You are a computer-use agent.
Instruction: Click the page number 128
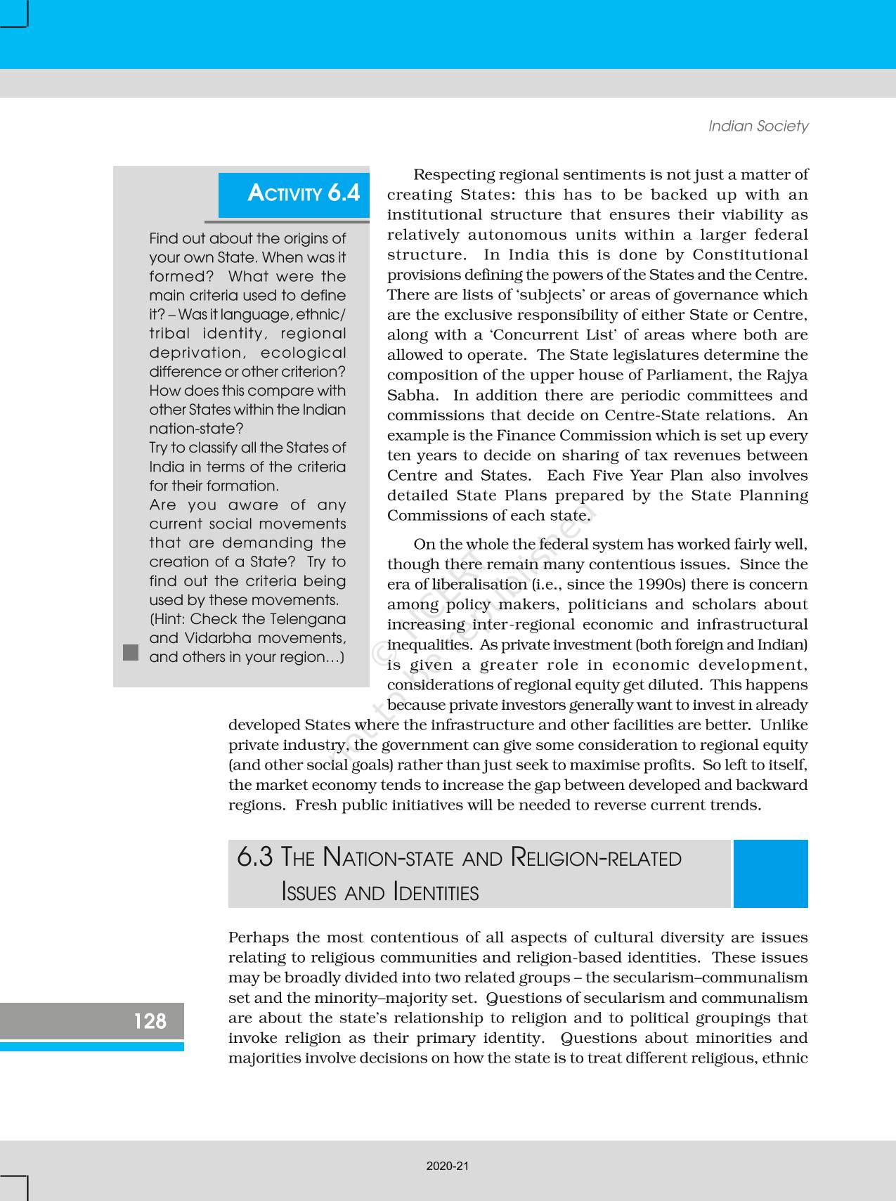150,1021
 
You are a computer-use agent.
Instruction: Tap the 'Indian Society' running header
758,126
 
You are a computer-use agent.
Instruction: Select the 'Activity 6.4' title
304,193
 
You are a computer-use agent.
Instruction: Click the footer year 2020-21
447,1166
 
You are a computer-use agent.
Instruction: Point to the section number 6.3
254,857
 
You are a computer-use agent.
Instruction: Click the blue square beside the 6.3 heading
770,874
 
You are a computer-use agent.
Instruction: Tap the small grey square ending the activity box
131,652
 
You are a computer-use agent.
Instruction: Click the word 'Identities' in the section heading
436,892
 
